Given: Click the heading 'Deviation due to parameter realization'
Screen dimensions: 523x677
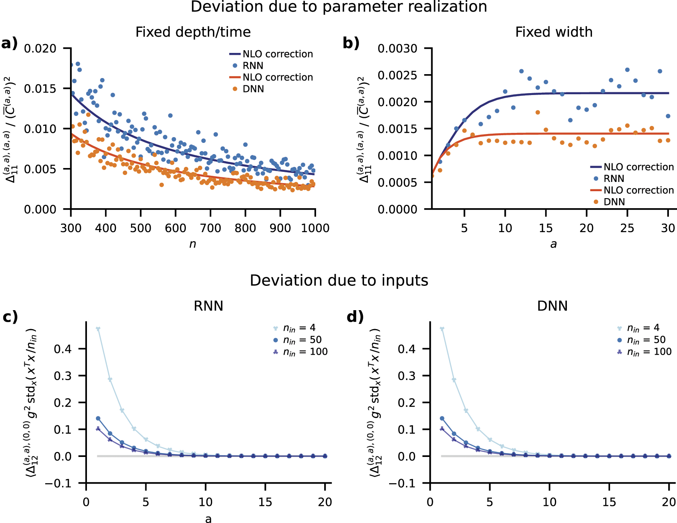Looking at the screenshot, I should (x=338, y=7).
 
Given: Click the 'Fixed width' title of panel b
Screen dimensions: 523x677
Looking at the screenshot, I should (x=553, y=32).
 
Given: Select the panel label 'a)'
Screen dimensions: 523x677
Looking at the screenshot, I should (x=9, y=43).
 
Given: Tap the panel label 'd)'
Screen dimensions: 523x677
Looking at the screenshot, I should (x=355, y=317).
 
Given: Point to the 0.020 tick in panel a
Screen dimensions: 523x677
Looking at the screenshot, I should (x=40, y=49).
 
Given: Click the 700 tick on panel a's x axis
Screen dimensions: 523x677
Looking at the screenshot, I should (x=210, y=228).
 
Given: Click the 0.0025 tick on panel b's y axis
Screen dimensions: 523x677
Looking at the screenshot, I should (x=398, y=75).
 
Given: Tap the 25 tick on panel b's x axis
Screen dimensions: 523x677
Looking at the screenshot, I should (x=627, y=228).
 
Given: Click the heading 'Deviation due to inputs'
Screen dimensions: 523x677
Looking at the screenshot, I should (x=338, y=280).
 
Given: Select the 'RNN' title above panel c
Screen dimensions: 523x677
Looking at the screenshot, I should (x=208, y=306).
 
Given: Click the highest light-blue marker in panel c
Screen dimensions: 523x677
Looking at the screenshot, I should (x=98, y=329).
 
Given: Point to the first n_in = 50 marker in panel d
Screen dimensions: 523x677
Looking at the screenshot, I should (x=442, y=418).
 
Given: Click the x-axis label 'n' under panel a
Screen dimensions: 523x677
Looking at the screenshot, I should (x=192, y=244).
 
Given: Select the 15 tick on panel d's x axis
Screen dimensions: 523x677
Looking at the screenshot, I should (x=609, y=502).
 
